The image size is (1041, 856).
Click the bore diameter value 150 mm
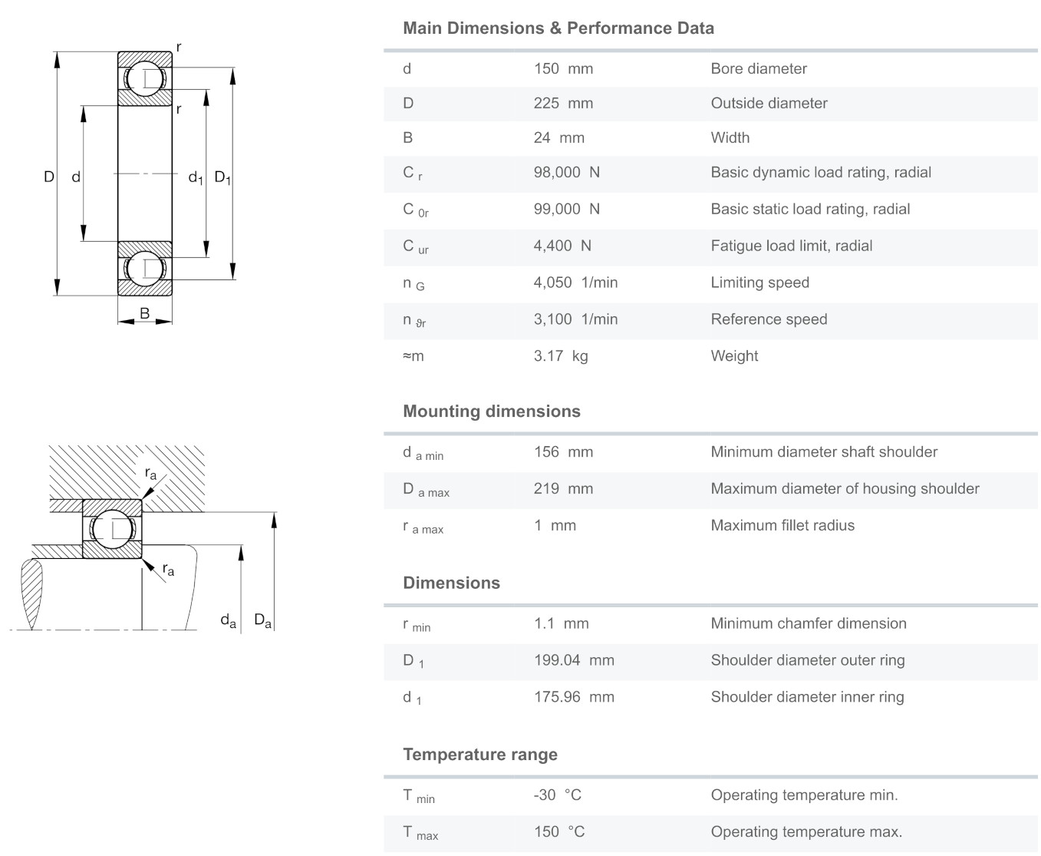tap(563, 68)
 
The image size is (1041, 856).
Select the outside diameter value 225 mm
tap(563, 103)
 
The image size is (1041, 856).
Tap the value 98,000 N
tap(567, 173)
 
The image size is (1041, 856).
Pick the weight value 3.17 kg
tap(561, 355)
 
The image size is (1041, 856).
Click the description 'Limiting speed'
tap(759, 283)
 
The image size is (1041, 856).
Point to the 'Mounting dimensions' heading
tap(492, 411)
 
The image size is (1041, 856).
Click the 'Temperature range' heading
tap(480, 754)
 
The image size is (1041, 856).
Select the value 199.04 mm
tap(574, 660)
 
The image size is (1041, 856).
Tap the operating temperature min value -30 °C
tap(557, 795)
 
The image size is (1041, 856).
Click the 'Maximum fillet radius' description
tap(782, 525)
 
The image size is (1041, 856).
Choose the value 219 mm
tap(563, 488)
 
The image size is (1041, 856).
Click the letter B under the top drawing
tap(145, 313)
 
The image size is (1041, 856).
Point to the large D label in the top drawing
tap(49, 177)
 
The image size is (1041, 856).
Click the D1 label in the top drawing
tap(222, 177)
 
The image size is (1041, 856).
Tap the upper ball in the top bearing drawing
tap(145, 78)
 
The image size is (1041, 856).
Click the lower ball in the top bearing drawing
tap(145, 269)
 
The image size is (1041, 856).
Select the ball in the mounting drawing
tap(113, 530)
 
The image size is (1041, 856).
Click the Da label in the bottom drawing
tap(262, 620)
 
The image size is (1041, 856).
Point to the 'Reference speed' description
tap(769, 319)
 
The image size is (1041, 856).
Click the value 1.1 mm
tap(562, 623)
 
